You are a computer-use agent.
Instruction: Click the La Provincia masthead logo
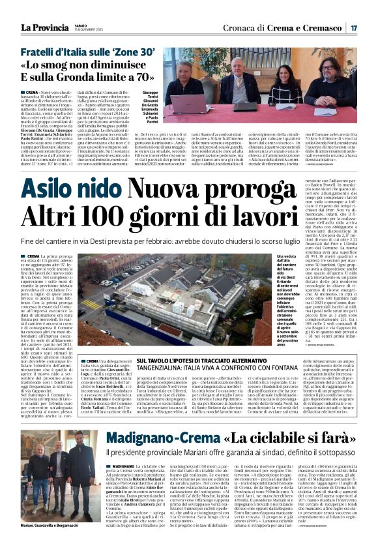tap(43, 27)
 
